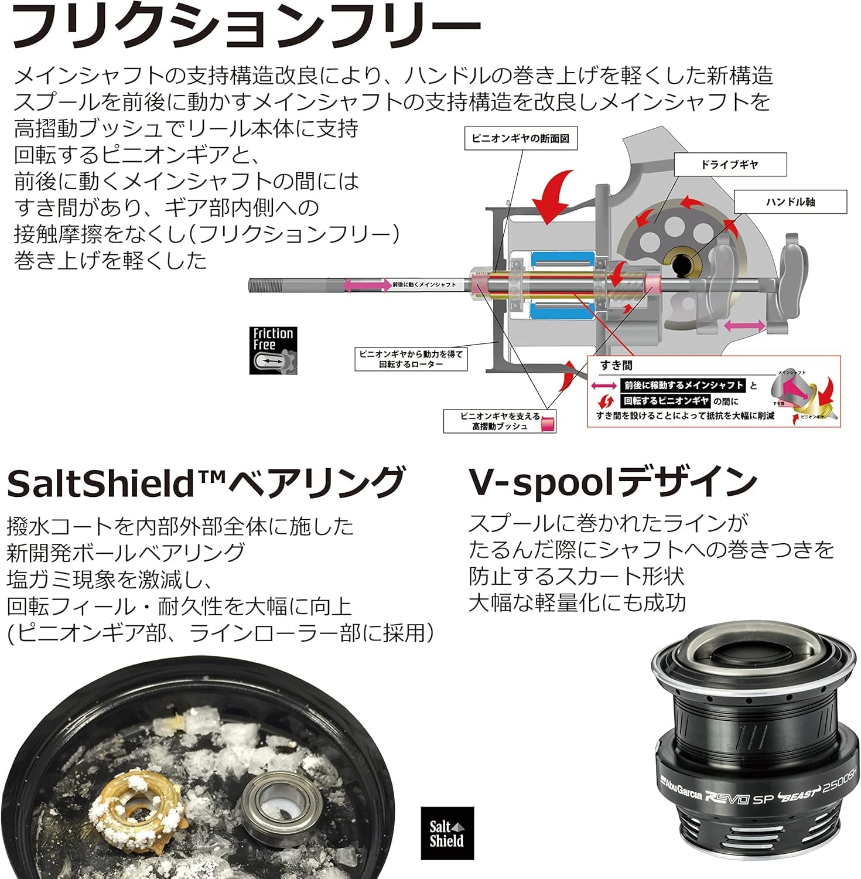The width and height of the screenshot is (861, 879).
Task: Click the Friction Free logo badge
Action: click(x=274, y=350)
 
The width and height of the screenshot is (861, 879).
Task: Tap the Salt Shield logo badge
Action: click(x=447, y=833)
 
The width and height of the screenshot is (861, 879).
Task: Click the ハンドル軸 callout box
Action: click(x=790, y=202)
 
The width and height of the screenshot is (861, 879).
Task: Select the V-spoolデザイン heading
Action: click(x=613, y=482)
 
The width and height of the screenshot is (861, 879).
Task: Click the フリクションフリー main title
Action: click(x=246, y=26)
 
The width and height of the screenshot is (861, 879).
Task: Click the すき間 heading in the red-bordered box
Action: click(x=616, y=366)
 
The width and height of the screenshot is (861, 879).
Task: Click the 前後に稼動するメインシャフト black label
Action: click(x=683, y=385)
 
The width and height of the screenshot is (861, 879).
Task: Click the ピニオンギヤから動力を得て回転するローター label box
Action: click(x=411, y=359)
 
